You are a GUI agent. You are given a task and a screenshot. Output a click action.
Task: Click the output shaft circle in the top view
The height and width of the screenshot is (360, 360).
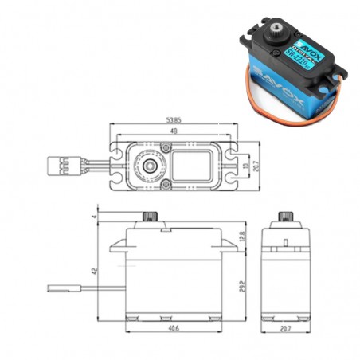click(148, 166)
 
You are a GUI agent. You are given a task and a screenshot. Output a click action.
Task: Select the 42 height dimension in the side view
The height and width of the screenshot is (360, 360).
click(93, 272)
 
